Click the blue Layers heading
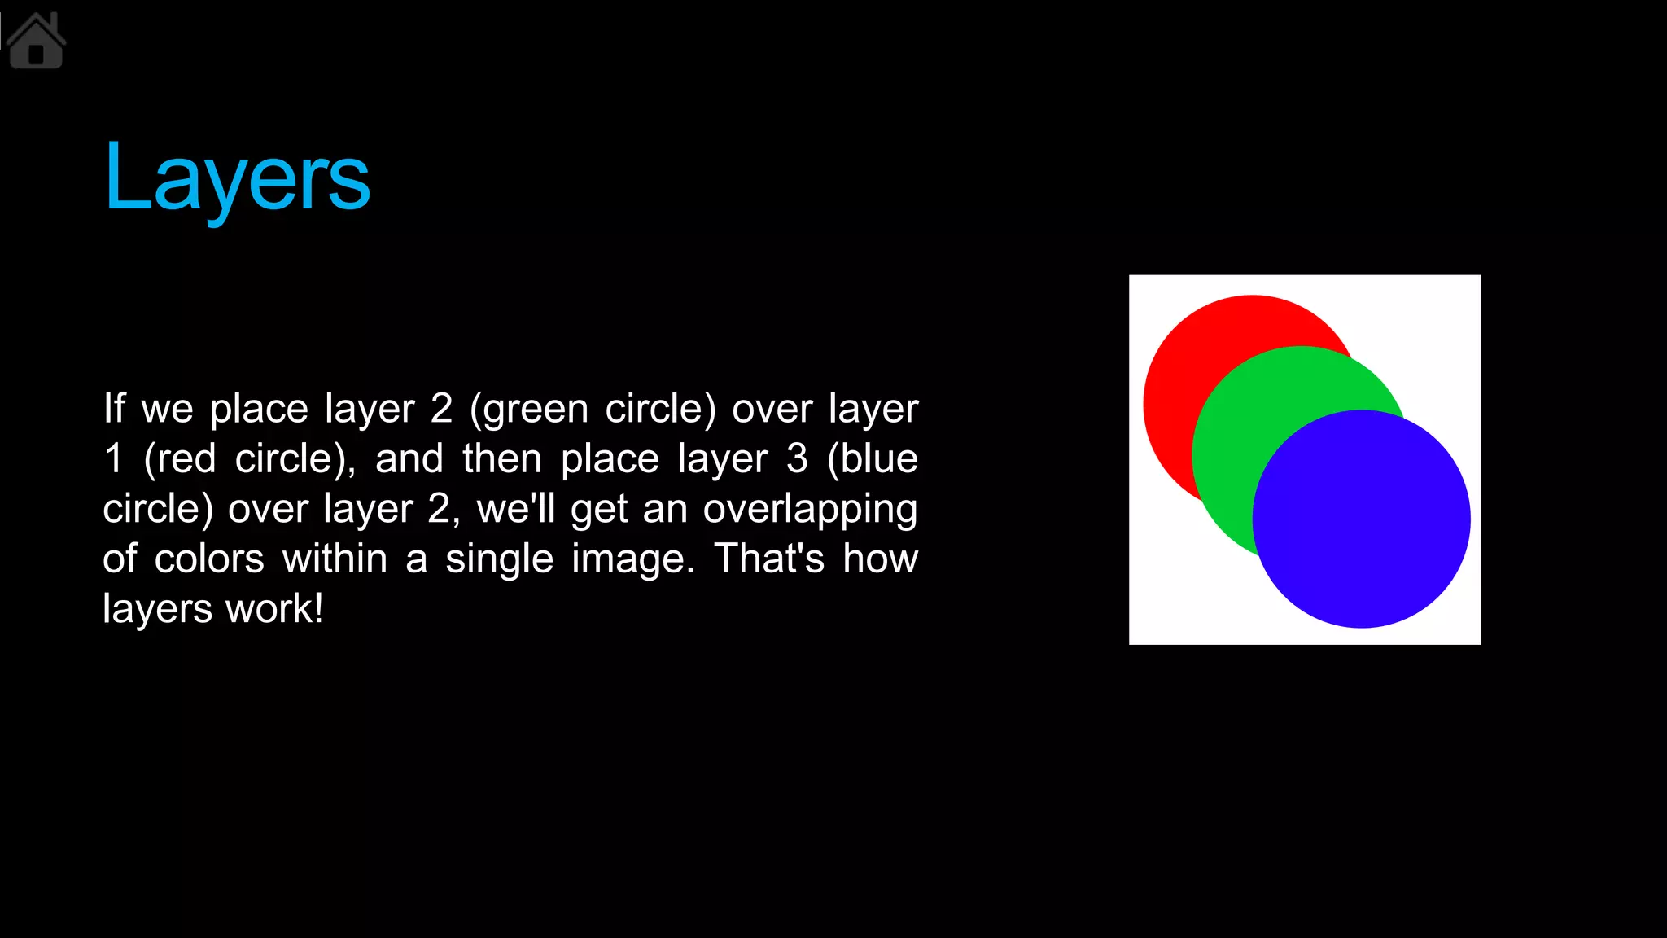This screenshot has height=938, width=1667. tap(237, 177)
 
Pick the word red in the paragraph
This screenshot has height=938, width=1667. tap(186, 458)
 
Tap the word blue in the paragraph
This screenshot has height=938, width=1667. tap(879, 458)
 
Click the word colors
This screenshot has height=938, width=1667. tap(209, 559)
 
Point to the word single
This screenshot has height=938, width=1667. tap(499, 559)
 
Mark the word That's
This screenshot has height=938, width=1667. tap(769, 559)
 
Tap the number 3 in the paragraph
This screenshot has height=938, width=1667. tap(797, 458)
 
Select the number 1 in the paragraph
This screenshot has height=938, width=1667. tap(114, 458)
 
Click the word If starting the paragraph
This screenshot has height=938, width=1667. tap(114, 409)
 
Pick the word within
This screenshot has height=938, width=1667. tap(335, 559)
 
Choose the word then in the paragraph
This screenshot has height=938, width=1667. tap(502, 458)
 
